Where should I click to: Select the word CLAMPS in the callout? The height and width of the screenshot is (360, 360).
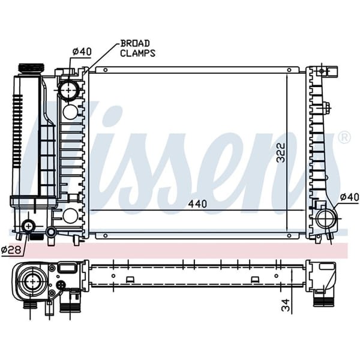click(137, 53)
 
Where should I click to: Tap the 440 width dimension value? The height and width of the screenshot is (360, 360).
click(197, 204)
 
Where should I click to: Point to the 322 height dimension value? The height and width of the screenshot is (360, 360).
click(297, 155)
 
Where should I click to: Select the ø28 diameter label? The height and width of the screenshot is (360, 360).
click(11, 249)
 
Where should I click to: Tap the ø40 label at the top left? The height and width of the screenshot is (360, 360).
click(81, 52)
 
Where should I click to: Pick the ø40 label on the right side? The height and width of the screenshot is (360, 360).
click(349, 197)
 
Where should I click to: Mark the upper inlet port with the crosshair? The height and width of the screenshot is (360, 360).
click(69, 91)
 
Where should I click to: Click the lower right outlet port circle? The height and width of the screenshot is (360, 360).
click(325, 218)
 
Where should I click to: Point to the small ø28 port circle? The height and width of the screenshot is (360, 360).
click(28, 226)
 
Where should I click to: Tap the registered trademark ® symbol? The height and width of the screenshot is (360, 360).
click(344, 137)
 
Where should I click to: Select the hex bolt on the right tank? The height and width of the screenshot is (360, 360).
click(326, 109)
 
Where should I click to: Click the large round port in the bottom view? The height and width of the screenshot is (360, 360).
click(30, 279)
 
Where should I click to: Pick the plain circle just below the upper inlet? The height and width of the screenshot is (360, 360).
click(70, 112)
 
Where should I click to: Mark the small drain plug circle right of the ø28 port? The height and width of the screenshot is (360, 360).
click(52, 231)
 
